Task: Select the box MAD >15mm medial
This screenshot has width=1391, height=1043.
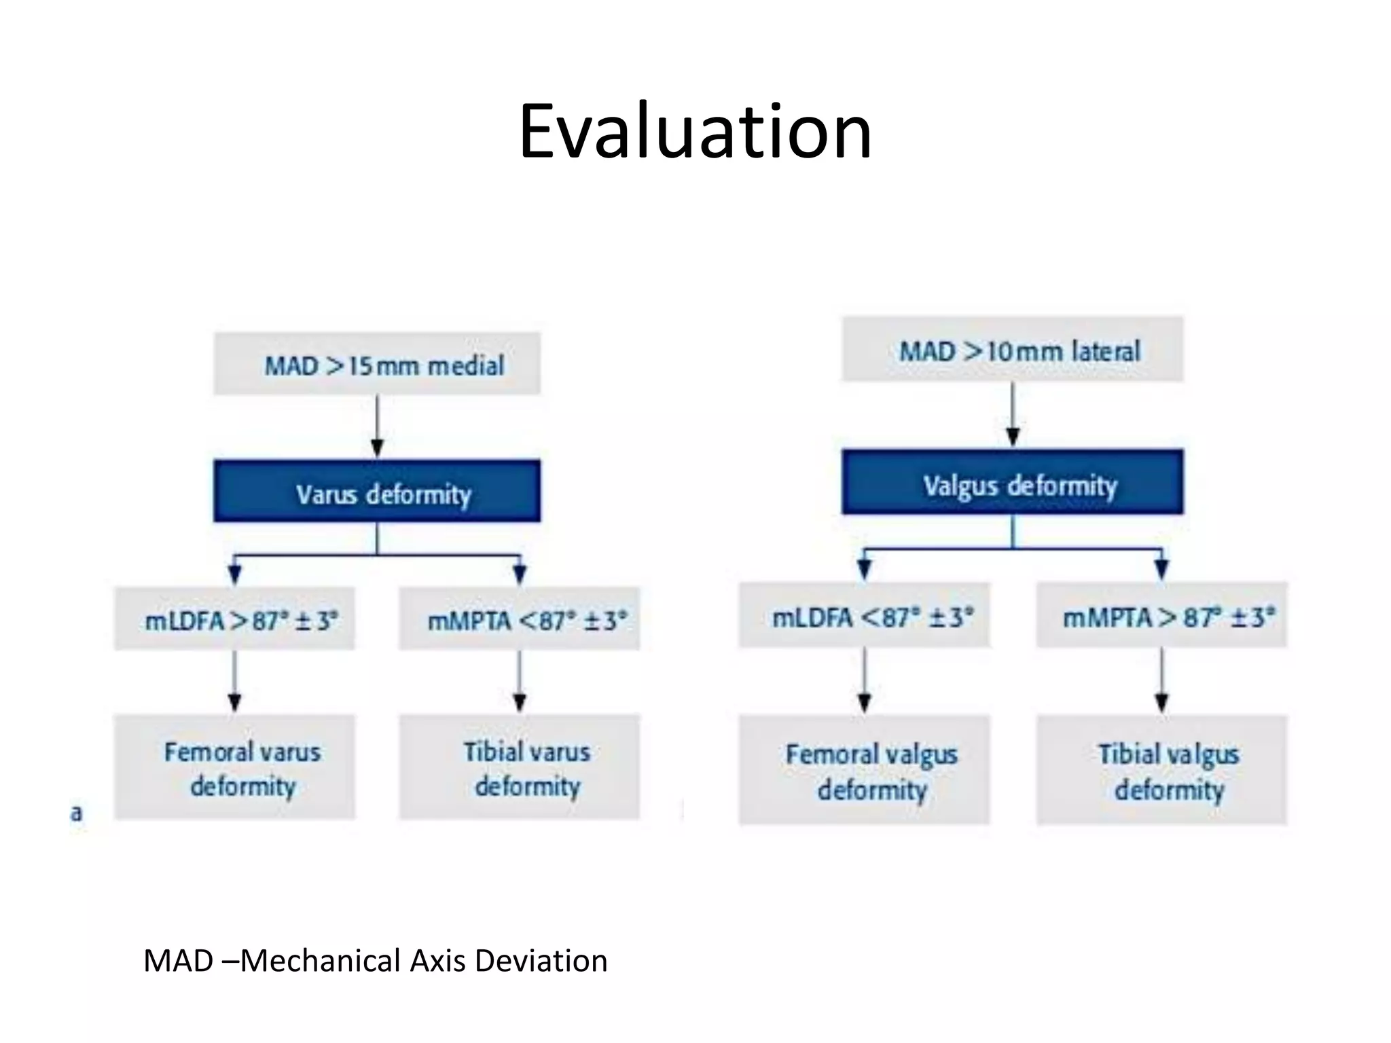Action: [x=377, y=365]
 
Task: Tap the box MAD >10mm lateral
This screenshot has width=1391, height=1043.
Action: [x=1013, y=350]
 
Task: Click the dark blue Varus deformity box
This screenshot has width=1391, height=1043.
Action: [x=377, y=492]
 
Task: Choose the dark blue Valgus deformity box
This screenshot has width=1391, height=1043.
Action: [x=1013, y=483]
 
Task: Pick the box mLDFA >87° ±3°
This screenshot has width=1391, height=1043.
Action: [x=234, y=619]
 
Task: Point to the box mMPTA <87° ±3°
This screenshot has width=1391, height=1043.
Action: [x=520, y=619]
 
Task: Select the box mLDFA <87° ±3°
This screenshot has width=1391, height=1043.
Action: [x=864, y=616]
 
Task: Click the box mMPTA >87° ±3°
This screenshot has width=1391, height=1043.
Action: [x=1161, y=616]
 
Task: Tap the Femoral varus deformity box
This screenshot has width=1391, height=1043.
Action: [x=234, y=767]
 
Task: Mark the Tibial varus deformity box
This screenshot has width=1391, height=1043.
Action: [x=520, y=767]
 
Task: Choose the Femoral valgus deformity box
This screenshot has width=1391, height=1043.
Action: [x=864, y=771]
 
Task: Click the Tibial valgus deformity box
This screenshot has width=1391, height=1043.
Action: [x=1161, y=771]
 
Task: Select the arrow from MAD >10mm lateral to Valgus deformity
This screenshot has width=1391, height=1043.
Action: [x=1013, y=414]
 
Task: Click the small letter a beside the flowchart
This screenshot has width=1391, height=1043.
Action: [x=76, y=813]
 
